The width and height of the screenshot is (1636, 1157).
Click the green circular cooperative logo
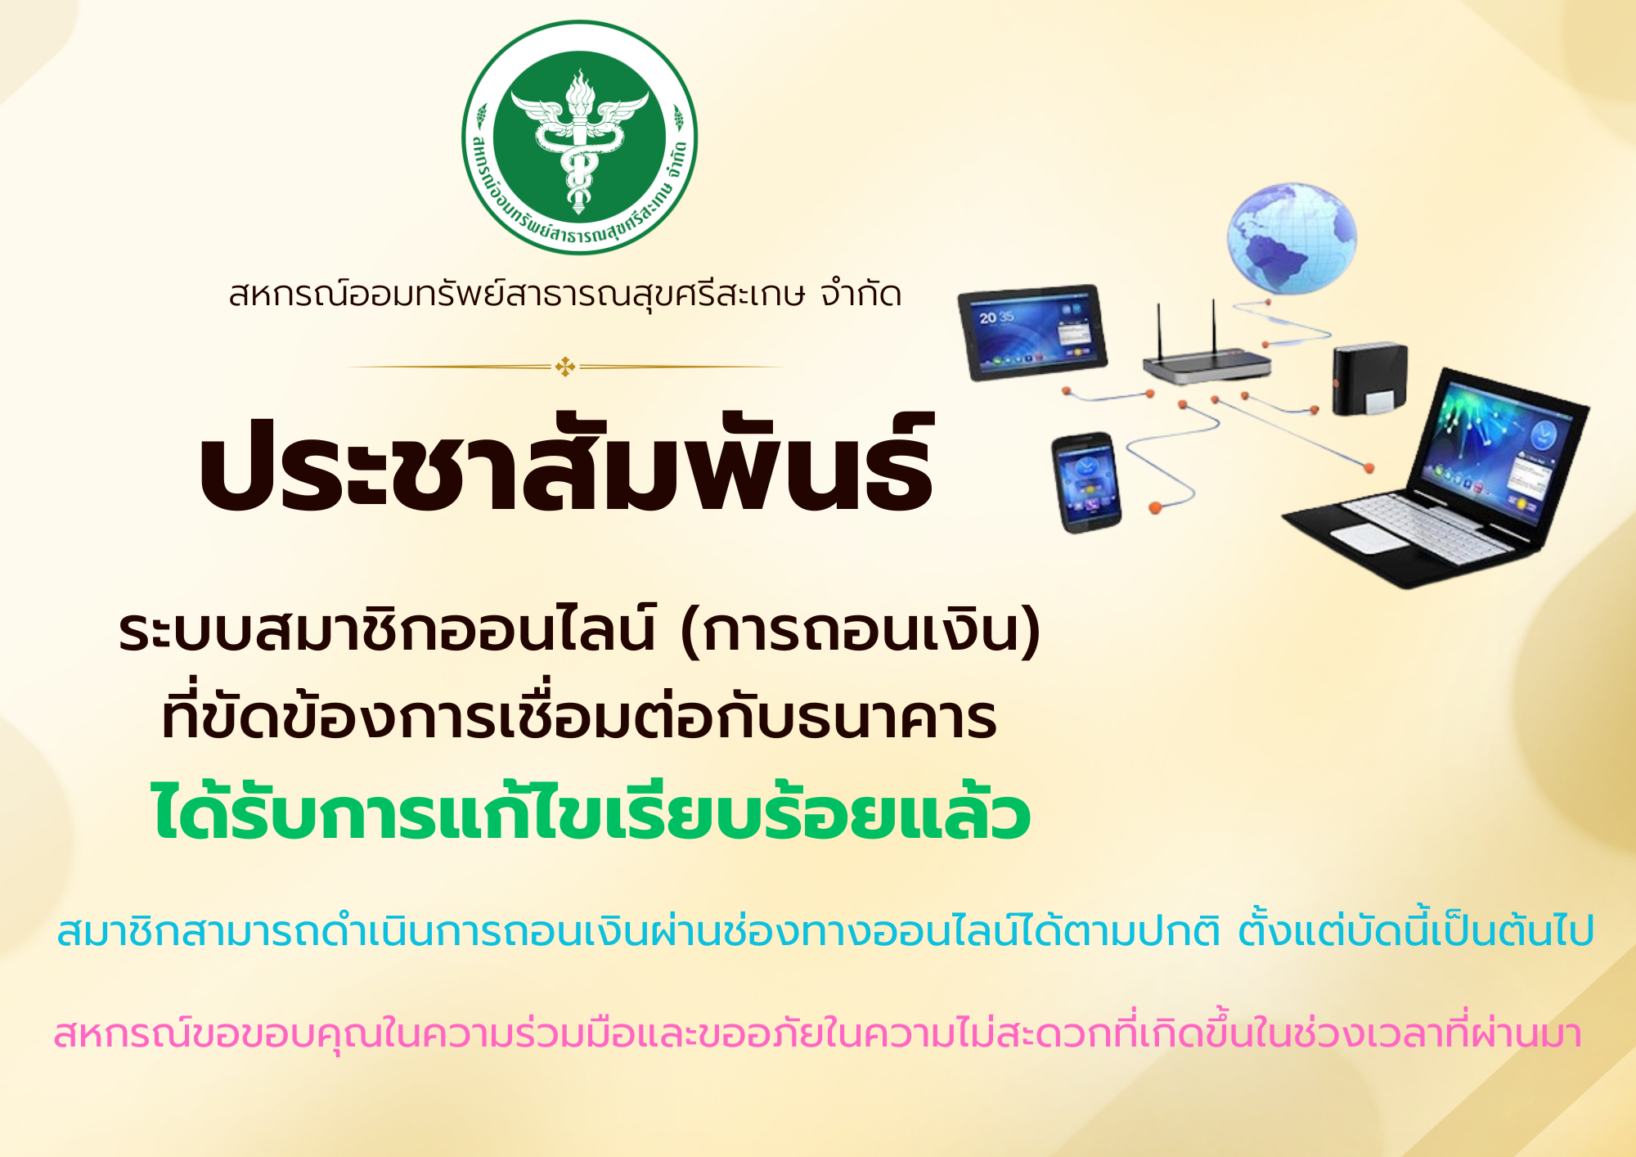coord(579,137)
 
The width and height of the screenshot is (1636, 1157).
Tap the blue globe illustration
coord(1291,238)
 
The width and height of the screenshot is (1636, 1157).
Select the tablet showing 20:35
coord(1032,331)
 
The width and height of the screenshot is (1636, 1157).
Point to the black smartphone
coord(1086,483)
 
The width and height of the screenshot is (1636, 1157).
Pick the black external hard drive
coord(1369,379)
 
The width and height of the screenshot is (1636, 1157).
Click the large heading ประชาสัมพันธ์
coord(566,463)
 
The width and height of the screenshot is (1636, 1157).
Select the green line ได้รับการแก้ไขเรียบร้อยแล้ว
coord(591,812)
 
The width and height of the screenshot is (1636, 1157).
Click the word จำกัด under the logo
coord(861,294)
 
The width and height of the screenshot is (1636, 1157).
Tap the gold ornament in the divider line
coord(565,367)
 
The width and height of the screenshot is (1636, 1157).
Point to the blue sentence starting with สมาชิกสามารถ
coord(825,930)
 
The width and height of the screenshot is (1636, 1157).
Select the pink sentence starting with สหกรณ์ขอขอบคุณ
coord(817,1033)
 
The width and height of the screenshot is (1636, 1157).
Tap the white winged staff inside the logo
coord(579,139)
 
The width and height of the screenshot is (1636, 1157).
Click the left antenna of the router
coord(1158,331)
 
